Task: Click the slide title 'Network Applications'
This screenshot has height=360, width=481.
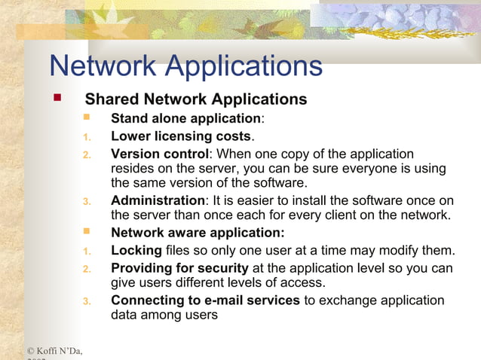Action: click(x=185, y=66)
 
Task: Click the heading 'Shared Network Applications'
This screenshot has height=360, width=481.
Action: click(x=196, y=99)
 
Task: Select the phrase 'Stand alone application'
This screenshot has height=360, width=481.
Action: click(x=185, y=118)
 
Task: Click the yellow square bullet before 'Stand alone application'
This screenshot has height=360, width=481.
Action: click(x=86, y=117)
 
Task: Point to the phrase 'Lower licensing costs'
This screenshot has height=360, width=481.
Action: click(x=181, y=136)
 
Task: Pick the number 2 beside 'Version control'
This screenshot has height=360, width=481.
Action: click(x=86, y=154)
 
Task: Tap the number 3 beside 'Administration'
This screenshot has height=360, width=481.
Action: click(x=86, y=201)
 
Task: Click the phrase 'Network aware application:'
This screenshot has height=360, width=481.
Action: click(x=198, y=233)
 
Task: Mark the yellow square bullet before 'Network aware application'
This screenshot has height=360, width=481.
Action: click(x=86, y=232)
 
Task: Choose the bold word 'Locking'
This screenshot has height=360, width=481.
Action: click(x=136, y=250)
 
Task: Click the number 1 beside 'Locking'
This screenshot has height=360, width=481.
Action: click(x=86, y=251)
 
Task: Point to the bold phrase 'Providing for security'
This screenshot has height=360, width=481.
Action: click(x=179, y=268)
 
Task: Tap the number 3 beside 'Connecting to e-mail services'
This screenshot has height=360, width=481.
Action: click(x=86, y=301)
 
